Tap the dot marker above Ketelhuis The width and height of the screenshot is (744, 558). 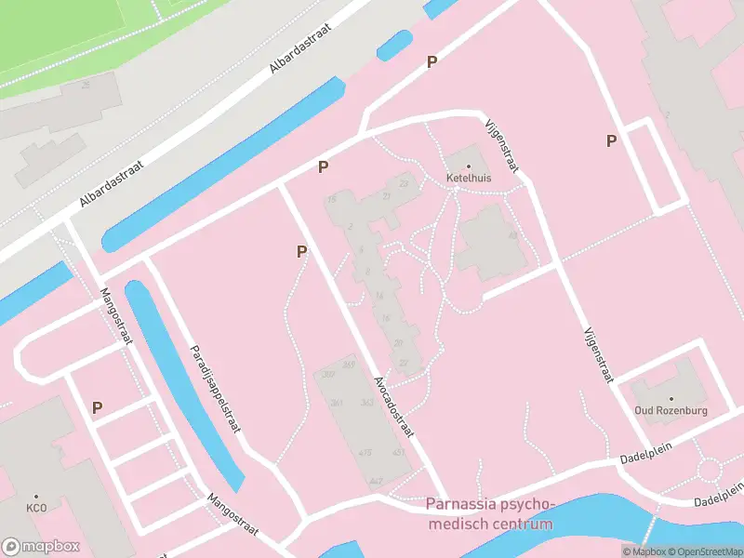(469, 166)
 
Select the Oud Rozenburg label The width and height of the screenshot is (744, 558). (671, 410)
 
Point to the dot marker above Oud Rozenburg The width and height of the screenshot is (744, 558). (671, 399)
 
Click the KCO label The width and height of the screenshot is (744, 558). (36, 509)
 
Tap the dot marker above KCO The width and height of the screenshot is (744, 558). (36, 498)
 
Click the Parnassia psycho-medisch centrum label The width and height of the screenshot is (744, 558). (489, 514)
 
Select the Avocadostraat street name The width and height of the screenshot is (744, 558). (394, 408)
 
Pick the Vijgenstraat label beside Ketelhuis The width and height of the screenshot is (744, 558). (501, 145)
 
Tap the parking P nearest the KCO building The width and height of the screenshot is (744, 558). (97, 407)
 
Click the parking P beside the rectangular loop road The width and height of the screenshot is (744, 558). (611, 140)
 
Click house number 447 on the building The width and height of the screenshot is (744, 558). (376, 481)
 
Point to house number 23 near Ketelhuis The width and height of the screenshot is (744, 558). (403, 184)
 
